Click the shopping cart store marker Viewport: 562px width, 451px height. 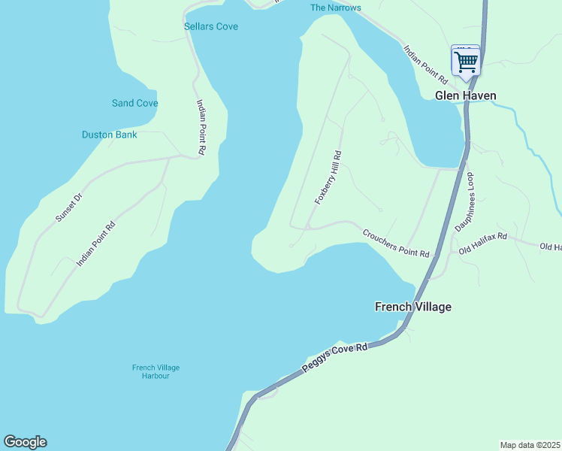466,61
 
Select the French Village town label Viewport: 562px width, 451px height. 413,307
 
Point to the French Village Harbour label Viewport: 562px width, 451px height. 156,371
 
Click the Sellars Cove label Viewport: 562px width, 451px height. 211,27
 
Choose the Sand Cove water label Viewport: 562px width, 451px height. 134,103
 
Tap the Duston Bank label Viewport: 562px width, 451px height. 110,135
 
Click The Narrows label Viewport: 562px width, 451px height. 336,8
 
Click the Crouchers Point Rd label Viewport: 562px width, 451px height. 395,244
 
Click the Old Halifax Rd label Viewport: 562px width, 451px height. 483,242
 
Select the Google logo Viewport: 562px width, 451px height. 25,442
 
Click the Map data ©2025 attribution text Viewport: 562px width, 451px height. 530,445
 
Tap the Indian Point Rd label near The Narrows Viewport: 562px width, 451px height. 426,64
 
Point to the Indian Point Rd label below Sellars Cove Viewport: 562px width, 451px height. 201,127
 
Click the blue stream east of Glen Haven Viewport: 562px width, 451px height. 526,135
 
